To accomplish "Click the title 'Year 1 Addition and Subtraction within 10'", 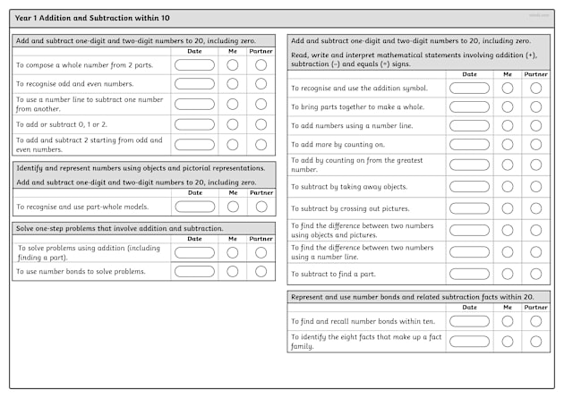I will [x=93, y=17].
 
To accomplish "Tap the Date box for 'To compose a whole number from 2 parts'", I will [x=194, y=64].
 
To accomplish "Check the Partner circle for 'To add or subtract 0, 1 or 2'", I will [x=261, y=124].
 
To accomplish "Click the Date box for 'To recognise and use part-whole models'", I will [x=194, y=207].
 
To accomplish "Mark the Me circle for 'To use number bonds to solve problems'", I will [x=233, y=271].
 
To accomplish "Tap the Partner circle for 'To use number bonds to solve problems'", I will [x=261, y=271].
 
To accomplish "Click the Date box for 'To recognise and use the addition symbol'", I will [x=469, y=88].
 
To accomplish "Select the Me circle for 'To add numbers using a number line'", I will [x=508, y=125].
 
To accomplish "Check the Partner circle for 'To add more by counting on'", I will [x=536, y=144].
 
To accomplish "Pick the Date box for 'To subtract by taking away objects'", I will [x=469, y=186].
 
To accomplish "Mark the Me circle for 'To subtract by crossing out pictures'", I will [x=508, y=207].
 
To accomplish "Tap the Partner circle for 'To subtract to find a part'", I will [x=536, y=274].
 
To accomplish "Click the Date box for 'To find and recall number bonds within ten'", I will [x=469, y=321].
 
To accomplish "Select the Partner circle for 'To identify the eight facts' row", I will [x=536, y=341].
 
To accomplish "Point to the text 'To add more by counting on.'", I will [x=338, y=144].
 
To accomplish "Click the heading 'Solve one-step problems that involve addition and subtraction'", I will [x=120, y=228].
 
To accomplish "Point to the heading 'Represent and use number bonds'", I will [x=413, y=296].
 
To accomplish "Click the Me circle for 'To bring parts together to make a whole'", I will [x=508, y=106].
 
